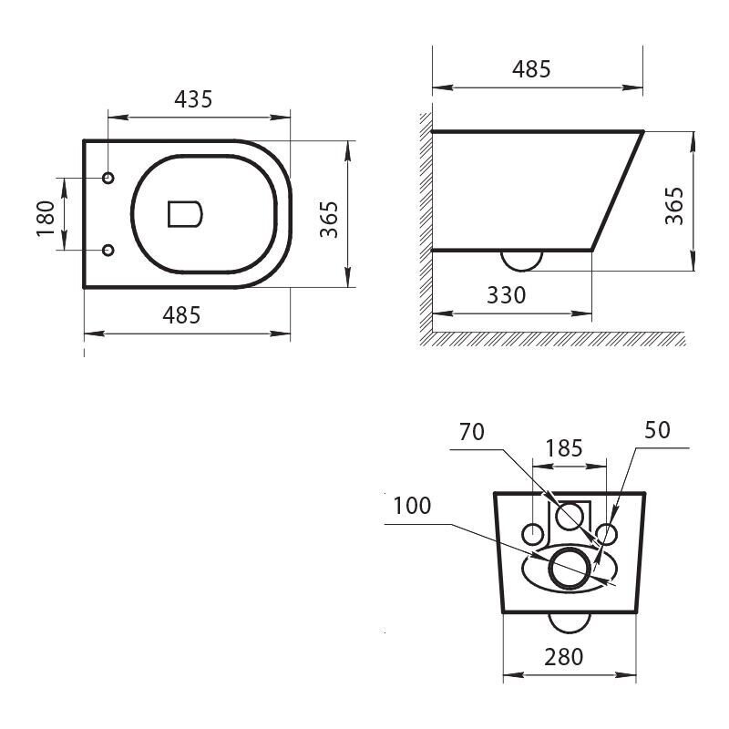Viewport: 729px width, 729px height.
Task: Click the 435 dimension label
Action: click(x=193, y=99)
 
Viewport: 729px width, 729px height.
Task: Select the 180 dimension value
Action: click(x=46, y=219)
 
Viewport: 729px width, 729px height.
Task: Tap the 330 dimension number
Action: click(x=507, y=295)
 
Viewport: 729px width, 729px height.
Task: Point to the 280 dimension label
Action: click(x=563, y=657)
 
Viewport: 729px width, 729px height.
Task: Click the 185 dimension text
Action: click(x=564, y=448)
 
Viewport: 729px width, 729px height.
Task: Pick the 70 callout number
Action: click(x=472, y=432)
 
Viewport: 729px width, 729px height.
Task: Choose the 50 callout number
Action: click(x=657, y=430)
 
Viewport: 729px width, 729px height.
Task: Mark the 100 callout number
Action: click(x=412, y=506)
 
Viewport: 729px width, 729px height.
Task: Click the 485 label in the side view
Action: click(x=531, y=69)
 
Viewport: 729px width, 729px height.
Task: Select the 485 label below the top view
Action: click(x=181, y=315)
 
